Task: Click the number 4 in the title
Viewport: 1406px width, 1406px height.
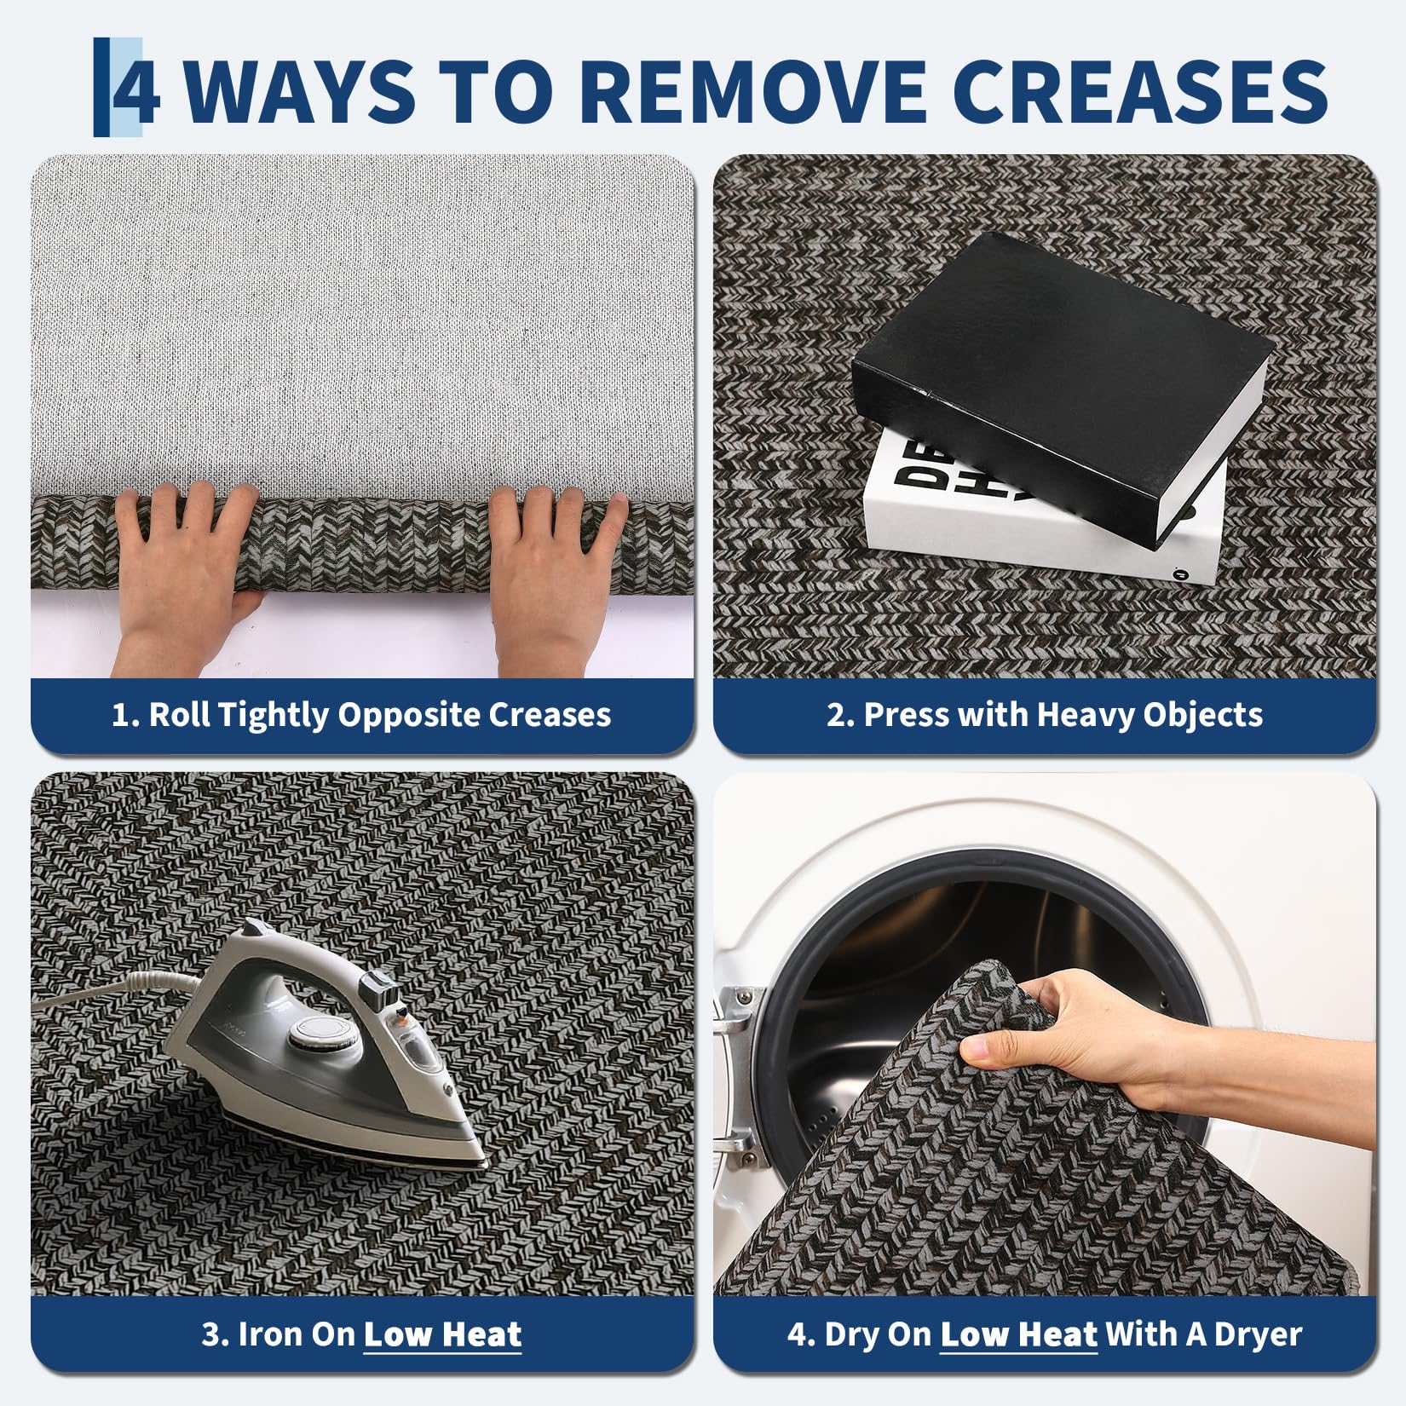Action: (x=136, y=88)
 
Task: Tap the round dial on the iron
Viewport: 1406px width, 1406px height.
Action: (x=311, y=1034)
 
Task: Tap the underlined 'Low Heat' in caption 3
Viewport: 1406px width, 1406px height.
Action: (x=442, y=1334)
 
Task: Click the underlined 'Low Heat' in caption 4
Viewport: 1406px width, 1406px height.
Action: (x=1018, y=1334)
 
